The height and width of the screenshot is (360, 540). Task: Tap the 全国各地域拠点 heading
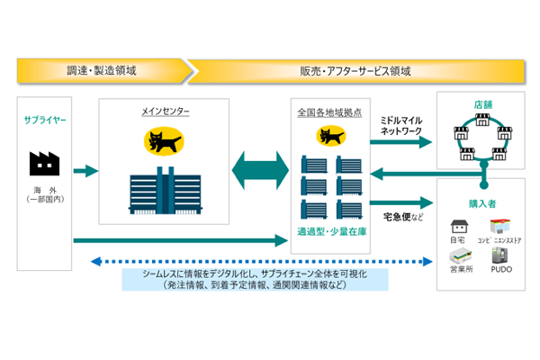point(329,112)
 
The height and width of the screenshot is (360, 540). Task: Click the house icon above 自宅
point(458,225)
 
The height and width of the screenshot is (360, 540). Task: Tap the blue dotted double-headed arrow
point(260,262)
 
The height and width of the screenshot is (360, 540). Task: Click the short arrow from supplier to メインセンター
point(85,170)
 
